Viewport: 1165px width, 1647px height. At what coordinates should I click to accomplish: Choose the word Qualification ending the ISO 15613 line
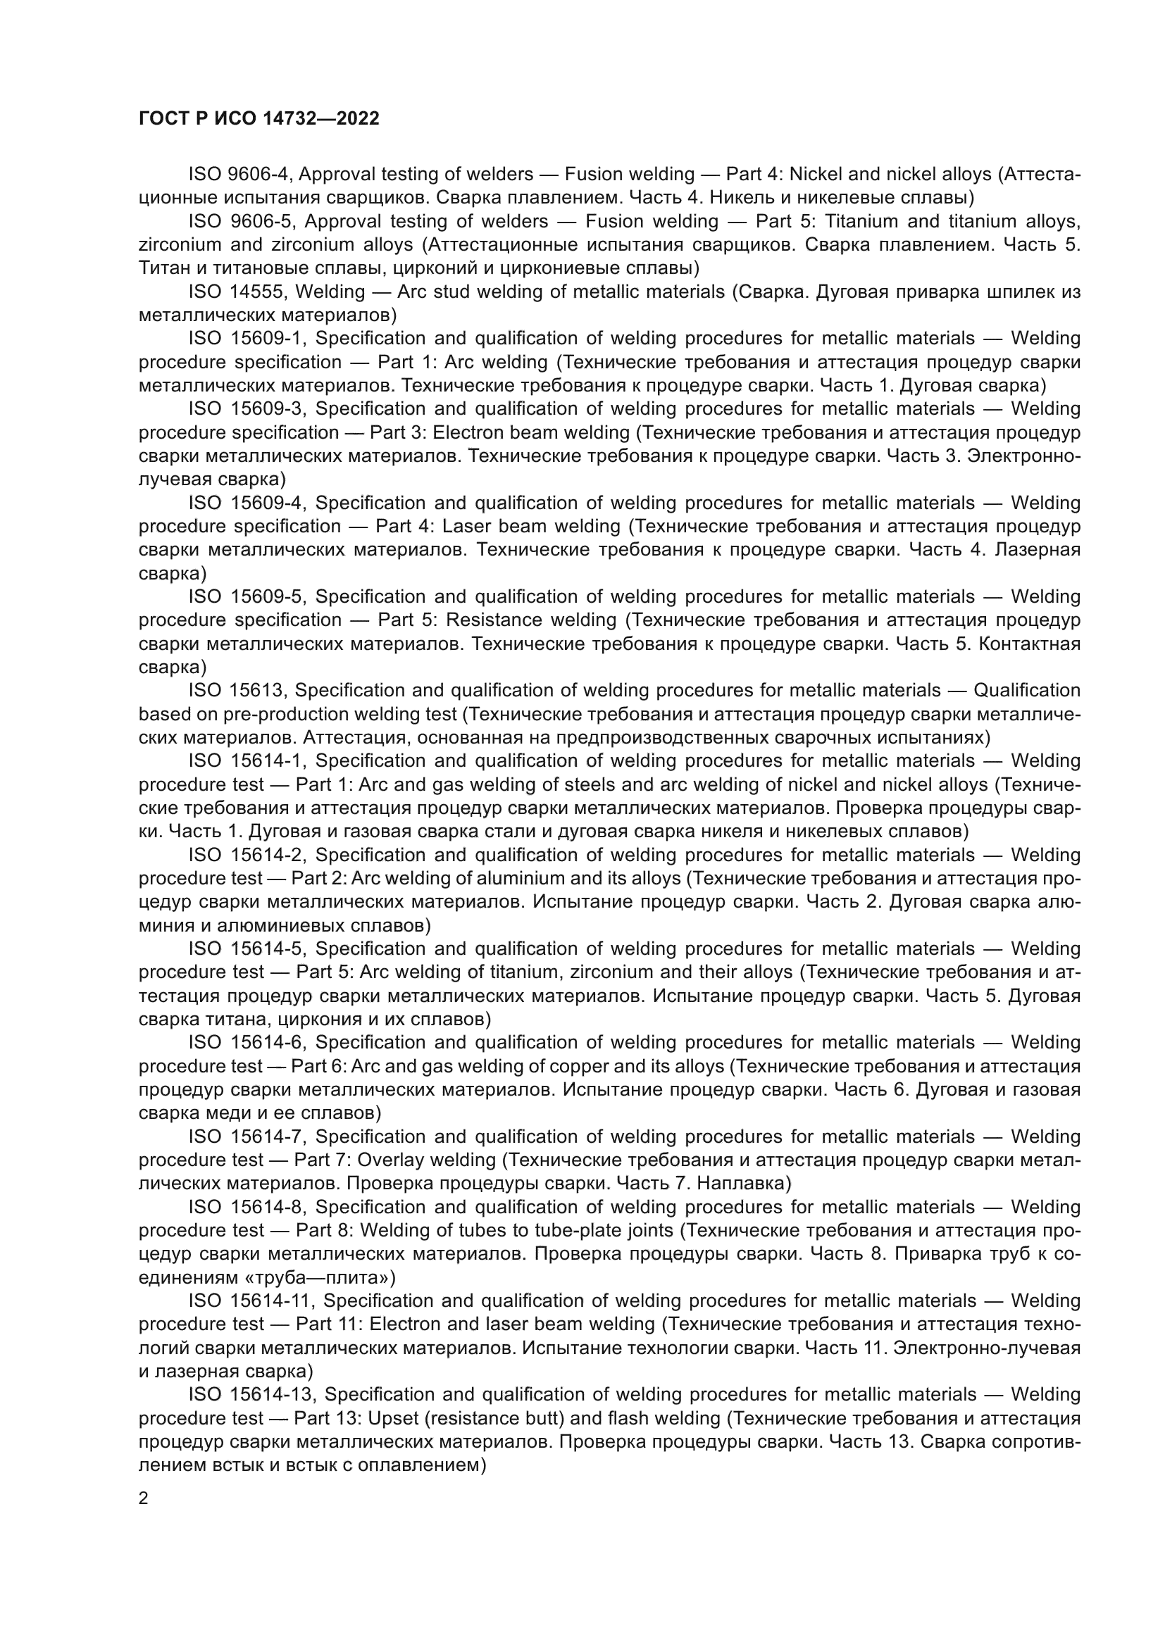[1026, 691]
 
